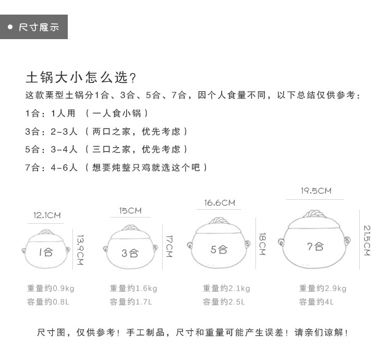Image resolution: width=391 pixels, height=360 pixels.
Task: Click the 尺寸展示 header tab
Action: click(x=34, y=27)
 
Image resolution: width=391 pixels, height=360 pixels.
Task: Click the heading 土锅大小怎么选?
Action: click(x=81, y=78)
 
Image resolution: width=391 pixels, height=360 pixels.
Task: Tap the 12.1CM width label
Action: click(x=47, y=215)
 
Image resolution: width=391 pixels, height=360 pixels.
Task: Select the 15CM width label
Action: click(x=130, y=211)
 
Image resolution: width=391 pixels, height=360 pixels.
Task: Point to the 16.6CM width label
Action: click(x=219, y=203)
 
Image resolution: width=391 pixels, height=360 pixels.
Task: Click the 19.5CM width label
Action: click(x=315, y=191)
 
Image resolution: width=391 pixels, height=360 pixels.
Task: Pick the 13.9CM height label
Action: click(x=80, y=250)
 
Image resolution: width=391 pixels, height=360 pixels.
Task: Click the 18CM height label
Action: click(x=263, y=244)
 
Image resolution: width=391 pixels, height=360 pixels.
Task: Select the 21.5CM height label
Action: click(x=366, y=241)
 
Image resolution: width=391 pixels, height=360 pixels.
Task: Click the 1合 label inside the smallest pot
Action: click(x=46, y=253)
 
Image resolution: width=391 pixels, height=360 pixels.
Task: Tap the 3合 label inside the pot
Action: click(x=130, y=253)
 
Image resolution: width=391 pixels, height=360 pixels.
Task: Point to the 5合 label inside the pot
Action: click(x=219, y=249)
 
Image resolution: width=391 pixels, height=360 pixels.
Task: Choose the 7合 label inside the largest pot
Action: click(x=315, y=246)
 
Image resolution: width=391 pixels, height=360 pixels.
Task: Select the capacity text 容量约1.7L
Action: click(x=131, y=302)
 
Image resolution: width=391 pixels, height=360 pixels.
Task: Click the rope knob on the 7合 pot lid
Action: click(x=315, y=214)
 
